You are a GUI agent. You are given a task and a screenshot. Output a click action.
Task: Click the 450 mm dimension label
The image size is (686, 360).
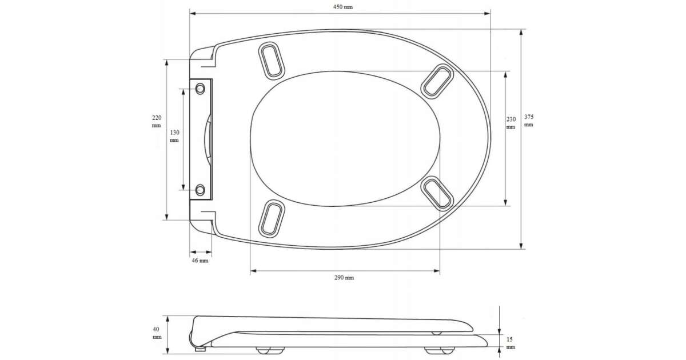click(342, 7)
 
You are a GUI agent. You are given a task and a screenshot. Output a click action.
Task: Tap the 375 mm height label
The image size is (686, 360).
click(529, 121)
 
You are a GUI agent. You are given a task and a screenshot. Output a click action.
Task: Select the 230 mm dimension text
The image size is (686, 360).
click(510, 123)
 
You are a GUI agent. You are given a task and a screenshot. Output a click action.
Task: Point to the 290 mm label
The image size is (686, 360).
click(344, 278)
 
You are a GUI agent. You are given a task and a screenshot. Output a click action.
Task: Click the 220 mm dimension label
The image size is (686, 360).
click(157, 121)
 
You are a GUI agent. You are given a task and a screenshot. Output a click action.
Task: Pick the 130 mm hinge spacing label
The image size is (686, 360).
click(174, 136)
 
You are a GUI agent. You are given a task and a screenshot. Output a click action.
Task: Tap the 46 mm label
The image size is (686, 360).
click(200, 261)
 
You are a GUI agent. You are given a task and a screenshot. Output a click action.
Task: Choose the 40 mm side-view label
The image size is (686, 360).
click(157, 333)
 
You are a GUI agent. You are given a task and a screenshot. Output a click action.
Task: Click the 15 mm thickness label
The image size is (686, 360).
click(510, 343)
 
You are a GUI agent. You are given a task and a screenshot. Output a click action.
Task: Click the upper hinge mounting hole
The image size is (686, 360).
click(200, 89)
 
